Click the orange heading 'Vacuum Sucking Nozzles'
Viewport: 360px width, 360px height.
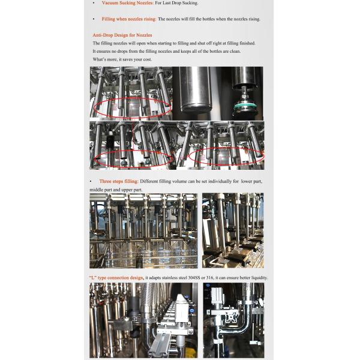tap(127, 4)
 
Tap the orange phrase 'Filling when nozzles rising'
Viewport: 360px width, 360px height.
tap(129, 19)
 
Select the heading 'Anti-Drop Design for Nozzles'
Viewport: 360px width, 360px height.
tap(122, 35)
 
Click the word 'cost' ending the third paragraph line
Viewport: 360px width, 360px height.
tap(146, 59)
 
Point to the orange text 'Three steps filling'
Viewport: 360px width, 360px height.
tap(118, 181)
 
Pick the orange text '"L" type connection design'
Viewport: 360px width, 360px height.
tap(116, 278)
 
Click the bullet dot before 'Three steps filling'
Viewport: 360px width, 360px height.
tap(91, 181)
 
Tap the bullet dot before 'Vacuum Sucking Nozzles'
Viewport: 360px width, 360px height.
tap(93, 4)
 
